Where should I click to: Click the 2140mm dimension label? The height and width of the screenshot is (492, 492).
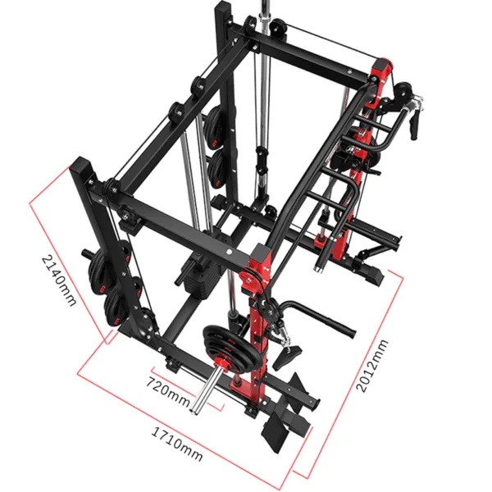tap(59, 278)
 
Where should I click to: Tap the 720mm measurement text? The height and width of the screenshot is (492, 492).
tap(167, 384)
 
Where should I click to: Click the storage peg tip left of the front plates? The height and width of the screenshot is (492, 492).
tap(86, 253)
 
